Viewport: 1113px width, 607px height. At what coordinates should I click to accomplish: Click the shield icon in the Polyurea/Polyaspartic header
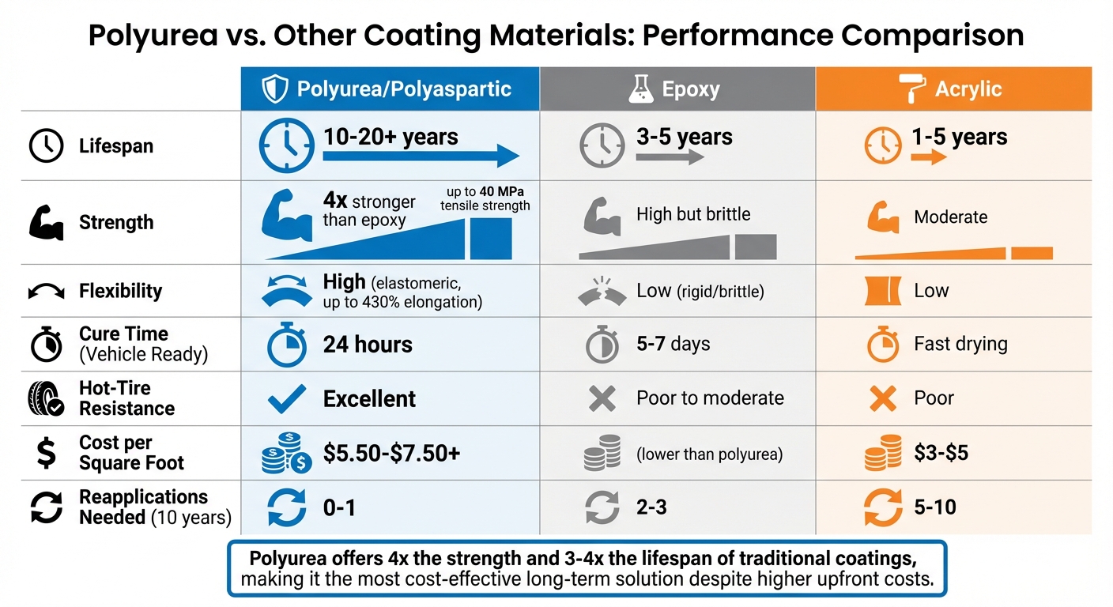[274, 89]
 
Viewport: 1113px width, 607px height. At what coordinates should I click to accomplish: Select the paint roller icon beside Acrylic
[912, 89]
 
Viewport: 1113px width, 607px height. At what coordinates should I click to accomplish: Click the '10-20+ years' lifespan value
[390, 137]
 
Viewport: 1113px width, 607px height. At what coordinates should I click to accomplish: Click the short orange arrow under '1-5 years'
[928, 157]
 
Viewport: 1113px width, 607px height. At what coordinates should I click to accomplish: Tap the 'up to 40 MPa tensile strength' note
[485, 200]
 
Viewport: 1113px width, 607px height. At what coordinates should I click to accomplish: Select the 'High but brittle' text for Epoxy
[693, 214]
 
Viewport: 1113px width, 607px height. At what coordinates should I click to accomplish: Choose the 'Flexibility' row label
[120, 291]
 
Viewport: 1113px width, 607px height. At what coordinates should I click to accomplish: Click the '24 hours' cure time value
[368, 345]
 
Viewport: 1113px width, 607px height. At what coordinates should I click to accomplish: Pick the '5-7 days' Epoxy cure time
[673, 345]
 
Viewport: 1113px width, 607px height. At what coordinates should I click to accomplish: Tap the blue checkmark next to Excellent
[287, 399]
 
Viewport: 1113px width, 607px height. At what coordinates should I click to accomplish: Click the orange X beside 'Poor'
[882, 399]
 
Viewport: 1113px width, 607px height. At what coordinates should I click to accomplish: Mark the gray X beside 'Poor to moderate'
[602, 399]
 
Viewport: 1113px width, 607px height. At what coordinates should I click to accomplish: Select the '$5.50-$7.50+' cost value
[391, 454]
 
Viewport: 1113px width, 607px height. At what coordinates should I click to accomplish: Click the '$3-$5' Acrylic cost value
[941, 454]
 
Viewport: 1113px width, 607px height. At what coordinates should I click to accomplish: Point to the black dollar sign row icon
[45, 453]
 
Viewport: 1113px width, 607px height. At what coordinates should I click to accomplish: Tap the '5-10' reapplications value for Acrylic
[934, 507]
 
